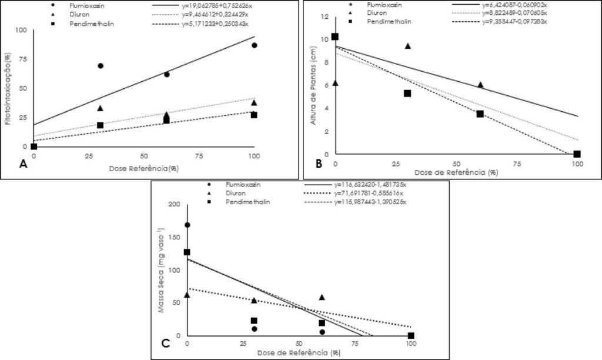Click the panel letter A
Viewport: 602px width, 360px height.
[24, 164]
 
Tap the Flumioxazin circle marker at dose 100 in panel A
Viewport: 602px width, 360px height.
[254, 45]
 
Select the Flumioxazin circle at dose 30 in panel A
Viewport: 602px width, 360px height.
[101, 66]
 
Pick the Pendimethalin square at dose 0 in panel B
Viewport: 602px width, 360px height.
[335, 36]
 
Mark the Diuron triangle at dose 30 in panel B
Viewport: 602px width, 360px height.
[407, 46]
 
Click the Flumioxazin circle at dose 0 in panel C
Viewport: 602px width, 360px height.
[187, 225]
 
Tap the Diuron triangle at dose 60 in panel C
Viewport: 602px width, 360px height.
[322, 297]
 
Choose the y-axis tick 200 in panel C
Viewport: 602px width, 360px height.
[173, 204]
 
